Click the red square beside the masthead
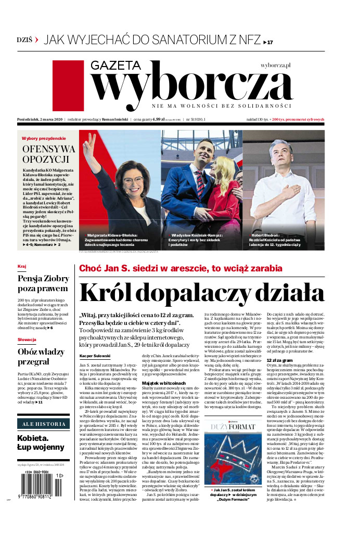[68, 85]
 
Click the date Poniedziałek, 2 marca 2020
[40, 120]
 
